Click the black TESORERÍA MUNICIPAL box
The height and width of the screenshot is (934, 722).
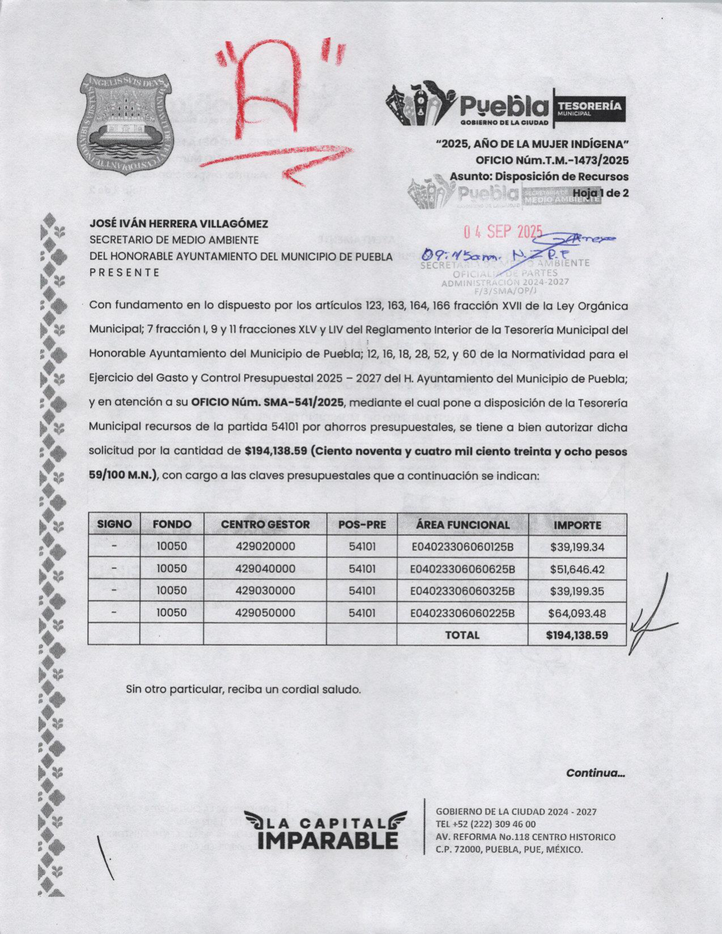[591, 108]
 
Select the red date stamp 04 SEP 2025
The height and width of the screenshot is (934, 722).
[503, 232]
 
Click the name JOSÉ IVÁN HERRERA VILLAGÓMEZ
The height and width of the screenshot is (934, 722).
[179, 225]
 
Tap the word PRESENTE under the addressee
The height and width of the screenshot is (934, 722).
[125, 272]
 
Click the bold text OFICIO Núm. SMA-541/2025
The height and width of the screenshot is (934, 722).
[268, 403]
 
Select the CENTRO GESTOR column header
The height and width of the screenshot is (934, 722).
[265, 525]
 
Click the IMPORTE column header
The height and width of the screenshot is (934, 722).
[577, 525]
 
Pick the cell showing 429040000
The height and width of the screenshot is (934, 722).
[265, 569]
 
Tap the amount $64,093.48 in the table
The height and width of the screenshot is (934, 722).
[577, 613]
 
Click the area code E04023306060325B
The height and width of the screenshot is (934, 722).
[462, 591]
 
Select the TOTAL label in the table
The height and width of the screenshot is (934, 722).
[462, 635]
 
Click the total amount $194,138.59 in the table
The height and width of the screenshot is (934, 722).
[577, 635]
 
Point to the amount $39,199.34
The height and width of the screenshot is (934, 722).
[577, 547]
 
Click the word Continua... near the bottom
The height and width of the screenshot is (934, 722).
[596, 773]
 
